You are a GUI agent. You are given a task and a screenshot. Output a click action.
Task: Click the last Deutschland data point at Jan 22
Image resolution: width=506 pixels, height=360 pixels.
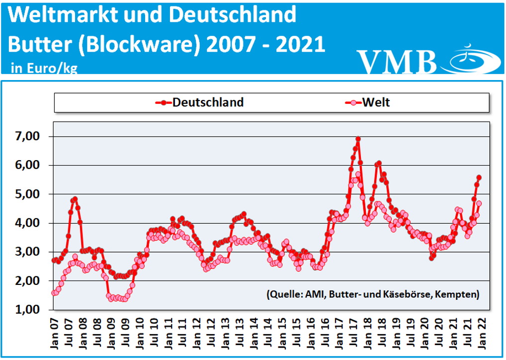coord(479,177)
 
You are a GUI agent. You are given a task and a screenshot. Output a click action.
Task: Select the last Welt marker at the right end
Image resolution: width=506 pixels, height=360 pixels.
coord(479,203)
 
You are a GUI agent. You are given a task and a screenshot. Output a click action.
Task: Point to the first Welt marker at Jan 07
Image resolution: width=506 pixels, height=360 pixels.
coord(54,293)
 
